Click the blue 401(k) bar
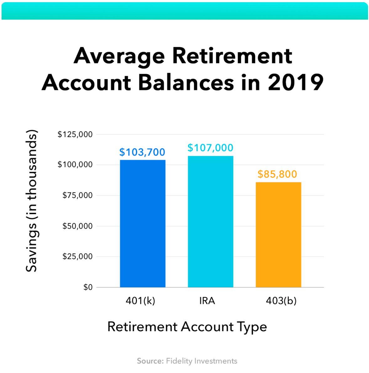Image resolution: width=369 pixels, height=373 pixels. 143,224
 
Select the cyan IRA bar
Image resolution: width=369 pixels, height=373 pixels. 210,222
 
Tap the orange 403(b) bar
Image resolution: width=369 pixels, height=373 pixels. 278,235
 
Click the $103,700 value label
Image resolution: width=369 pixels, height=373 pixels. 142,152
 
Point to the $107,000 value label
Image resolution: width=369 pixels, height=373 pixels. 210,148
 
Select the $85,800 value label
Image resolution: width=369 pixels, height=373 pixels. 277,174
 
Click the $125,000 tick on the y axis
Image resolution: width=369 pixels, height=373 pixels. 75,134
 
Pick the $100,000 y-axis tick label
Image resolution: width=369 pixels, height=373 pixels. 75,165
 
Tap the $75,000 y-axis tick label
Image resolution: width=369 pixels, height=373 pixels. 77,195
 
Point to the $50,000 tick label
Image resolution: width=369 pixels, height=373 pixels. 77,226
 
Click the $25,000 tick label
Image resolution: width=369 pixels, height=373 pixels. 77,257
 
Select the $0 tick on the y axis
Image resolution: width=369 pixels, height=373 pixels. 88,287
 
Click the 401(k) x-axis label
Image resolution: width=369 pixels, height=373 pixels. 140,301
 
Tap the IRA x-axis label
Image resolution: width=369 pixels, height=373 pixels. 207,301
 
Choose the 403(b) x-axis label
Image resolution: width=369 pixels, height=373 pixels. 281,301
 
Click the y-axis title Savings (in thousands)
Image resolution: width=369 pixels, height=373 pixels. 32,201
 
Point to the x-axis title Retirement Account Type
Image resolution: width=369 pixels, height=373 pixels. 187,327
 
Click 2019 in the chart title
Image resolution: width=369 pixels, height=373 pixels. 296,82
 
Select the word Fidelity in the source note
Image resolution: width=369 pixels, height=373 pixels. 179,361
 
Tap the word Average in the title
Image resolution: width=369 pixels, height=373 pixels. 119,56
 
